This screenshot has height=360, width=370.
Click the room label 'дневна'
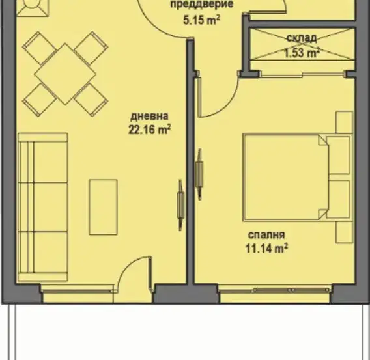click(150, 117)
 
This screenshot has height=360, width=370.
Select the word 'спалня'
click(266, 235)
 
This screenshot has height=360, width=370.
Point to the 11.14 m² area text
click(266, 248)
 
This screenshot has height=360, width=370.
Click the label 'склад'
click(302, 38)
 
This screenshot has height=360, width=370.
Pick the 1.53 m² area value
click(302, 53)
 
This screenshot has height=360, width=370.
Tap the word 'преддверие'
click(202, 4)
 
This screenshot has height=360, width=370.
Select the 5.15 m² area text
click(202, 20)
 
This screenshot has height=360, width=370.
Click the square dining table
click(65, 74)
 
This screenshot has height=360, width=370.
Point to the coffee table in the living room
click(104, 207)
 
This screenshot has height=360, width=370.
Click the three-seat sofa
click(43, 207)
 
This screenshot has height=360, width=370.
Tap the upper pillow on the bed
click(338, 156)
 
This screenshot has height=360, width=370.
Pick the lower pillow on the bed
click(338, 199)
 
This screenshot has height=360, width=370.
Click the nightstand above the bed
click(344, 122)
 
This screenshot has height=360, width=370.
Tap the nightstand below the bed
click(344, 232)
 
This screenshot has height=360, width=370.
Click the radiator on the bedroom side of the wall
click(199, 174)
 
